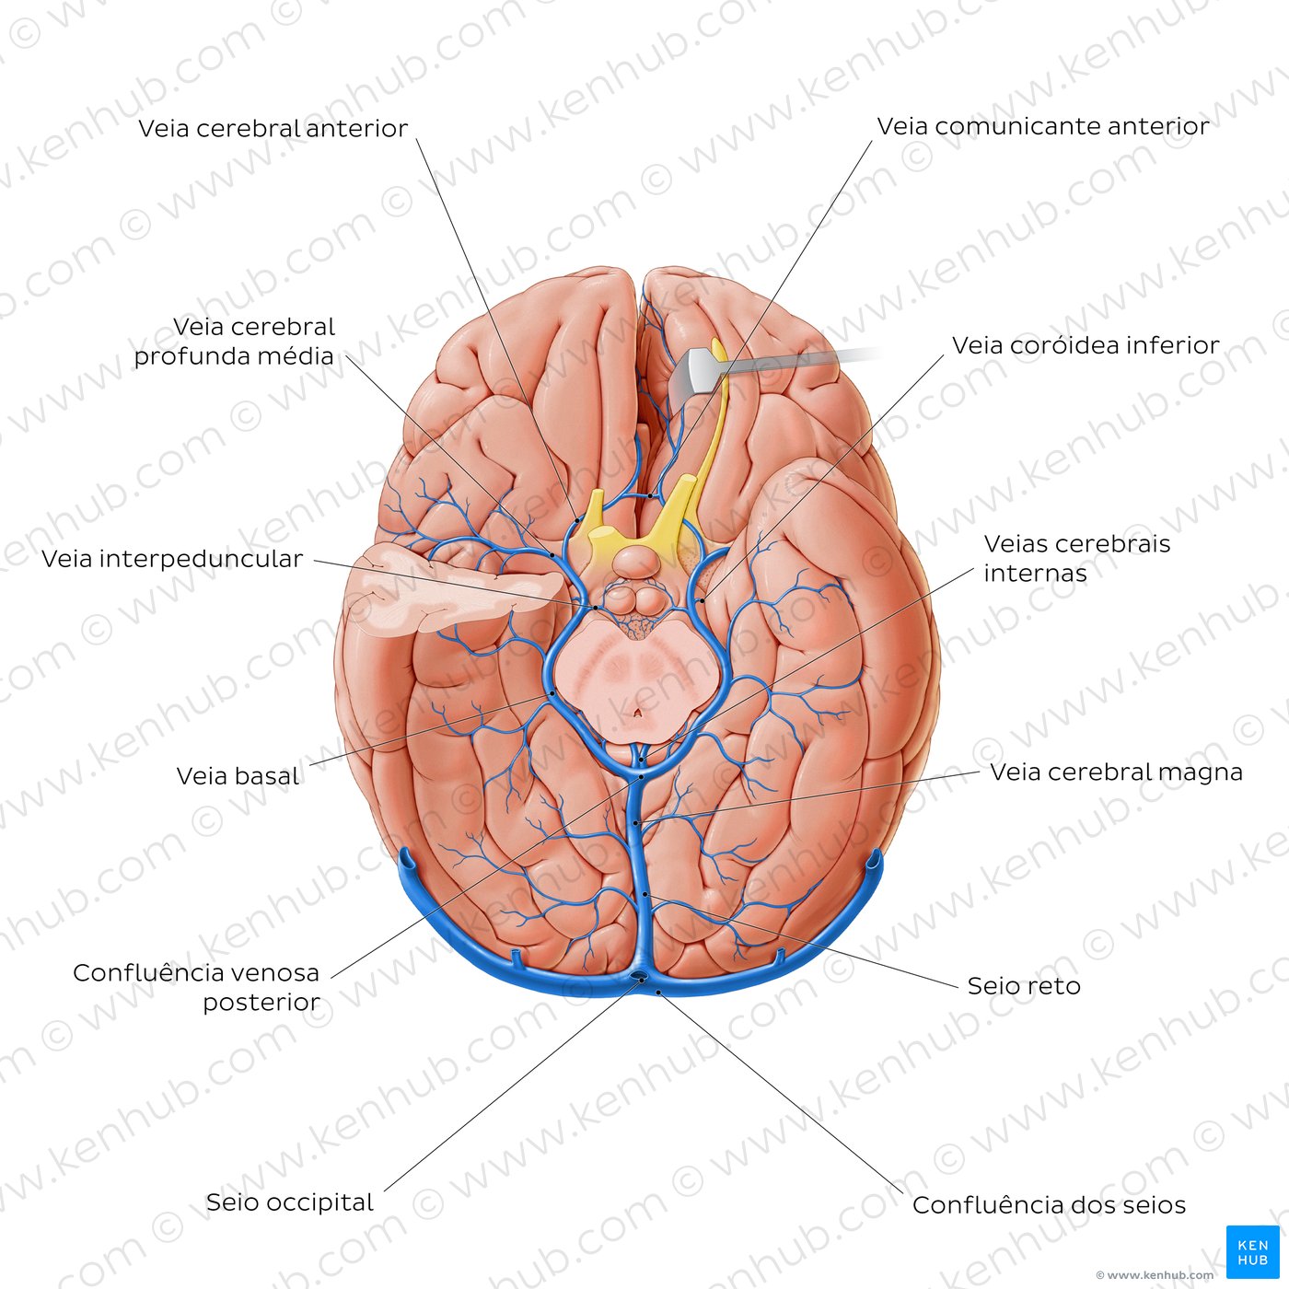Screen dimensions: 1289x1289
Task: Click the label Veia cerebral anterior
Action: tap(273, 128)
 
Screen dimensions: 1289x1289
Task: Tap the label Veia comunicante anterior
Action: tap(1043, 126)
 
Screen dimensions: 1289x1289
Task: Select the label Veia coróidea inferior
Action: tap(1086, 345)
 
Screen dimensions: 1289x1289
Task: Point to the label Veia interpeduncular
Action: tap(172, 559)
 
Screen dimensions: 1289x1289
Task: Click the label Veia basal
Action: tap(238, 776)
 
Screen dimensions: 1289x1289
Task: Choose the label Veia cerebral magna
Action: tap(1116, 772)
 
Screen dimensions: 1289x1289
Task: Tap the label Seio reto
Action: tap(1024, 985)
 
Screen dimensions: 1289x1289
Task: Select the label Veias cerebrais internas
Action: tap(1077, 558)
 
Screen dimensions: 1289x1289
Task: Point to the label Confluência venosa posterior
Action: tap(197, 987)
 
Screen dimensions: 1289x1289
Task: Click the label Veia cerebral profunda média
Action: tap(235, 342)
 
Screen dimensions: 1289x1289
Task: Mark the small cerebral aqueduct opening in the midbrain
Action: tap(638, 713)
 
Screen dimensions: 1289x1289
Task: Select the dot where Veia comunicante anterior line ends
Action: tap(652, 495)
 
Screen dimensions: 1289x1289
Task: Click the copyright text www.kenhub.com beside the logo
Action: tap(1154, 1274)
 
